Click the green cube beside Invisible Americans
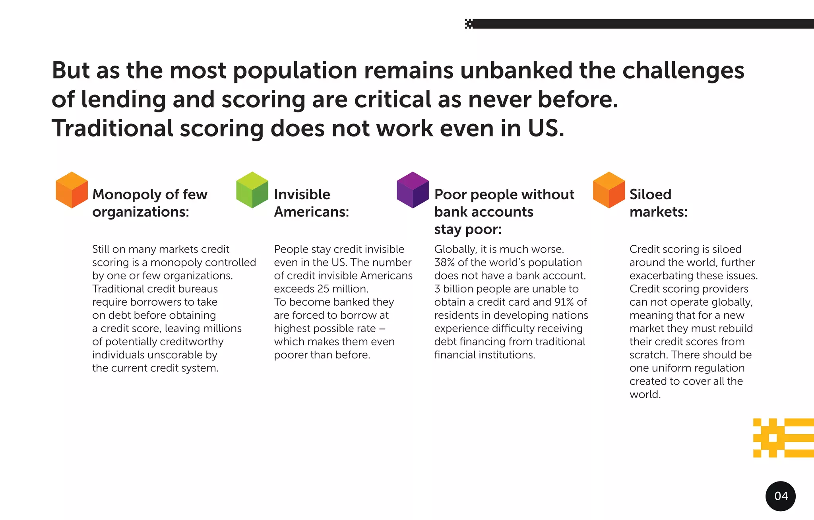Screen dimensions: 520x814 [x=252, y=190]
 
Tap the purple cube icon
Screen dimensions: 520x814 [x=413, y=190]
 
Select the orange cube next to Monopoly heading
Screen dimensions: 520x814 [x=72, y=190]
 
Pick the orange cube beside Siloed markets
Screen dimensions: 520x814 [x=609, y=190]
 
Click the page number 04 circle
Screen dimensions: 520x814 [x=781, y=496]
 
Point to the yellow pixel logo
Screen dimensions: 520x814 [x=783, y=437]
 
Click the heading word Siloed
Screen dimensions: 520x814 [x=650, y=195]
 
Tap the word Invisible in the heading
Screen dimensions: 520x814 [x=302, y=195]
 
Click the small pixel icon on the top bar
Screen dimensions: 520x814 [x=469, y=24]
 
